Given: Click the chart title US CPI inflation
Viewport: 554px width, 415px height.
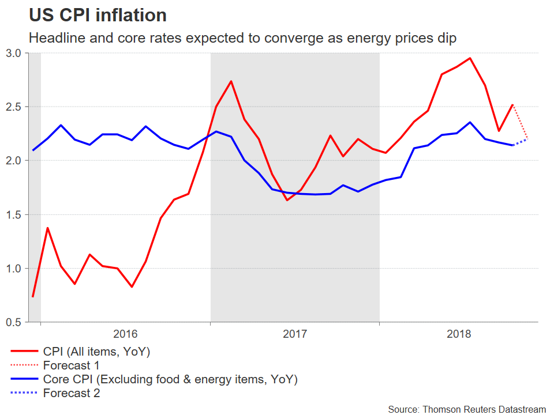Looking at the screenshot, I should pyautogui.click(x=98, y=16).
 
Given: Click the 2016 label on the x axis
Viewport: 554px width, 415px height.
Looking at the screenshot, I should pyautogui.click(x=125, y=334).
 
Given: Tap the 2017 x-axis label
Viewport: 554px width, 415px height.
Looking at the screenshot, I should pyautogui.click(x=295, y=334).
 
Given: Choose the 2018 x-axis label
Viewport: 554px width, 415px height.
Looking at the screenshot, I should pyautogui.click(x=459, y=334).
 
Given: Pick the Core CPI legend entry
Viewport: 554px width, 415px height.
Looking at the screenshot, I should pyautogui.click(x=170, y=379).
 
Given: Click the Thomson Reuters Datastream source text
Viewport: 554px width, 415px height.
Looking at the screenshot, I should pyautogui.click(x=466, y=409).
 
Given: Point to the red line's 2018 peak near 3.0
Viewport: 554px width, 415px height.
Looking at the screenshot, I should pyautogui.click(x=470, y=58).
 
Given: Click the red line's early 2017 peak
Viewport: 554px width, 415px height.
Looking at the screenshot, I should pyautogui.click(x=231, y=81).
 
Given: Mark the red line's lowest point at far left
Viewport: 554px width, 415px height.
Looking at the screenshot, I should pyautogui.click(x=33, y=296).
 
